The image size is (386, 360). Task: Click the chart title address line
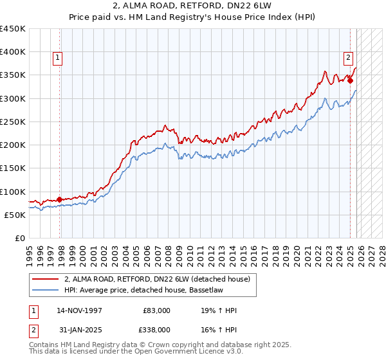point(193,7)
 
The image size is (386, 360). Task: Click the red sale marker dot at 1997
point(60,199)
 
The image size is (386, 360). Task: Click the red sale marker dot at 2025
point(351,80)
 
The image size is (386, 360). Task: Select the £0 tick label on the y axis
point(21,239)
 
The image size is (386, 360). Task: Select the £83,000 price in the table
point(156,310)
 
